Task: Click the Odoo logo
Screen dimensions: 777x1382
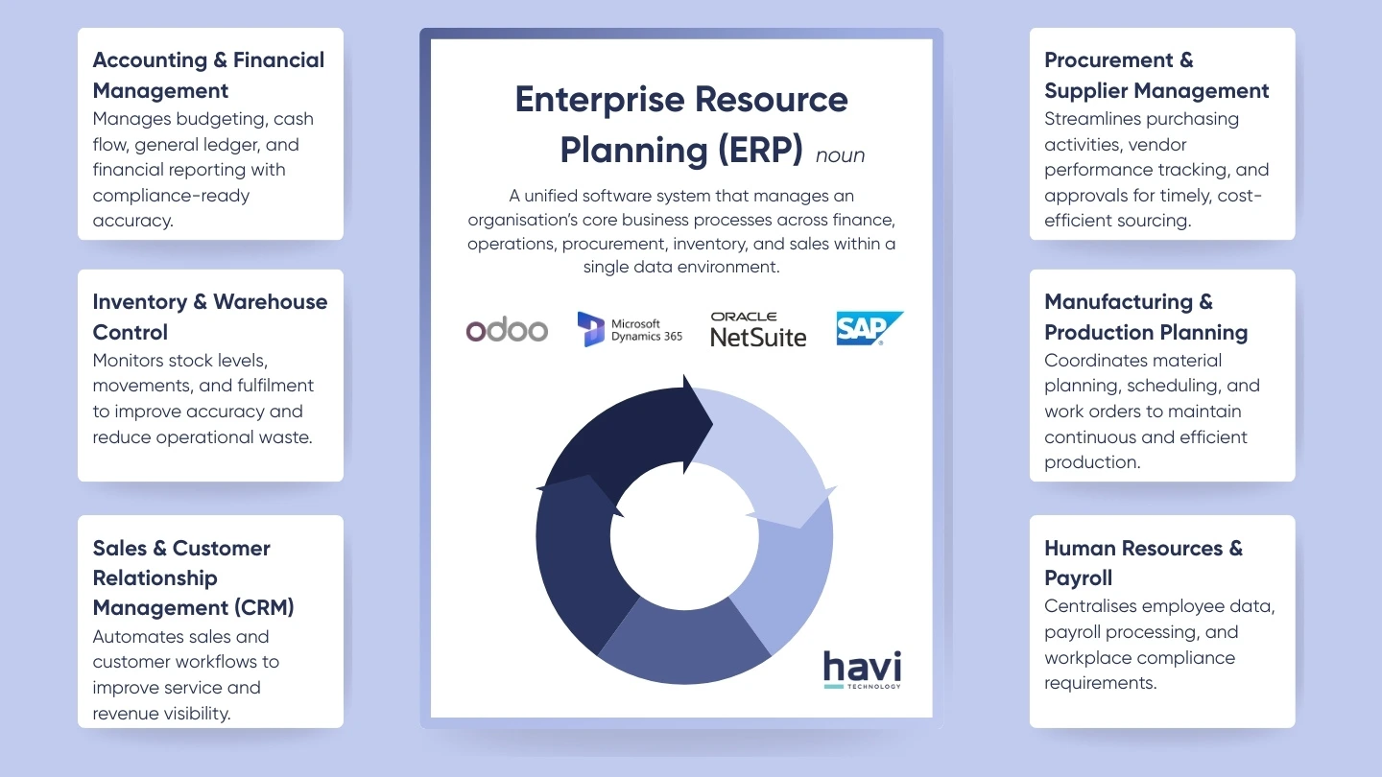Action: click(x=507, y=330)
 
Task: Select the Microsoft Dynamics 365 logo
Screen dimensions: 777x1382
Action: click(x=630, y=330)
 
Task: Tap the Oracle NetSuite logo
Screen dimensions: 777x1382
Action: click(x=758, y=329)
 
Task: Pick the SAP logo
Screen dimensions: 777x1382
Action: click(x=868, y=328)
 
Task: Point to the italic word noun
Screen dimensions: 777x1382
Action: click(x=841, y=154)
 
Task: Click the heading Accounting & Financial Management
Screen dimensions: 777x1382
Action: click(x=208, y=75)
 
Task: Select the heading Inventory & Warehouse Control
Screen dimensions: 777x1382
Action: click(x=209, y=317)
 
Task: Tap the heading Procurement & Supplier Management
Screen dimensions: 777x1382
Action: click(x=1156, y=75)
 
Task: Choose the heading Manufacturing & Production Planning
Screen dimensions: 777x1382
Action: click(x=1146, y=317)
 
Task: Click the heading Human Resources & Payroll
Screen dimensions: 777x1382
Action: click(x=1143, y=562)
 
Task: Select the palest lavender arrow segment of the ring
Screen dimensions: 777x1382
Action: click(x=768, y=446)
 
